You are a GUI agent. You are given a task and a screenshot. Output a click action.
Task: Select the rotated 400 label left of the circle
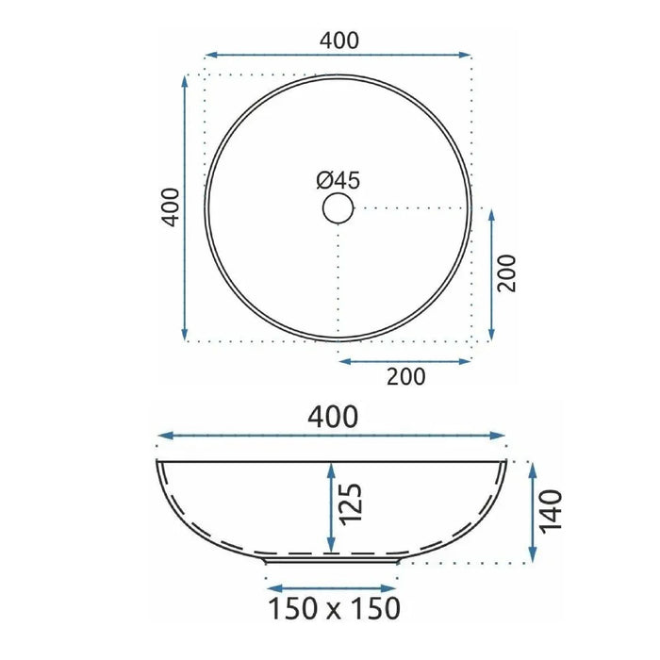170,206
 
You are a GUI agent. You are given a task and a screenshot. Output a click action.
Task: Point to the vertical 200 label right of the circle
508,274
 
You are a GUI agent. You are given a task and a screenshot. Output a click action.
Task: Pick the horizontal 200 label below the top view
405,377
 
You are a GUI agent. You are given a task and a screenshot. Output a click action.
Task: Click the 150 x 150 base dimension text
336,607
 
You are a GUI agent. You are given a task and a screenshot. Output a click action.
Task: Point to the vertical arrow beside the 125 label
330,507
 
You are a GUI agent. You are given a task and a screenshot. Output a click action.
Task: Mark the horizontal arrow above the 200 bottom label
405,360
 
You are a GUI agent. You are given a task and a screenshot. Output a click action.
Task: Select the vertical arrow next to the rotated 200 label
491,274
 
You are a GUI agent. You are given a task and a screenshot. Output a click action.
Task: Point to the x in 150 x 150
336,609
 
